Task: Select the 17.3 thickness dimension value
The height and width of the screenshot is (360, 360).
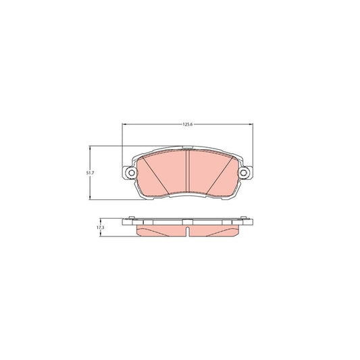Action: click(100, 228)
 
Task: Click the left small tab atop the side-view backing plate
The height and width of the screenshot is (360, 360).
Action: click(133, 218)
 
